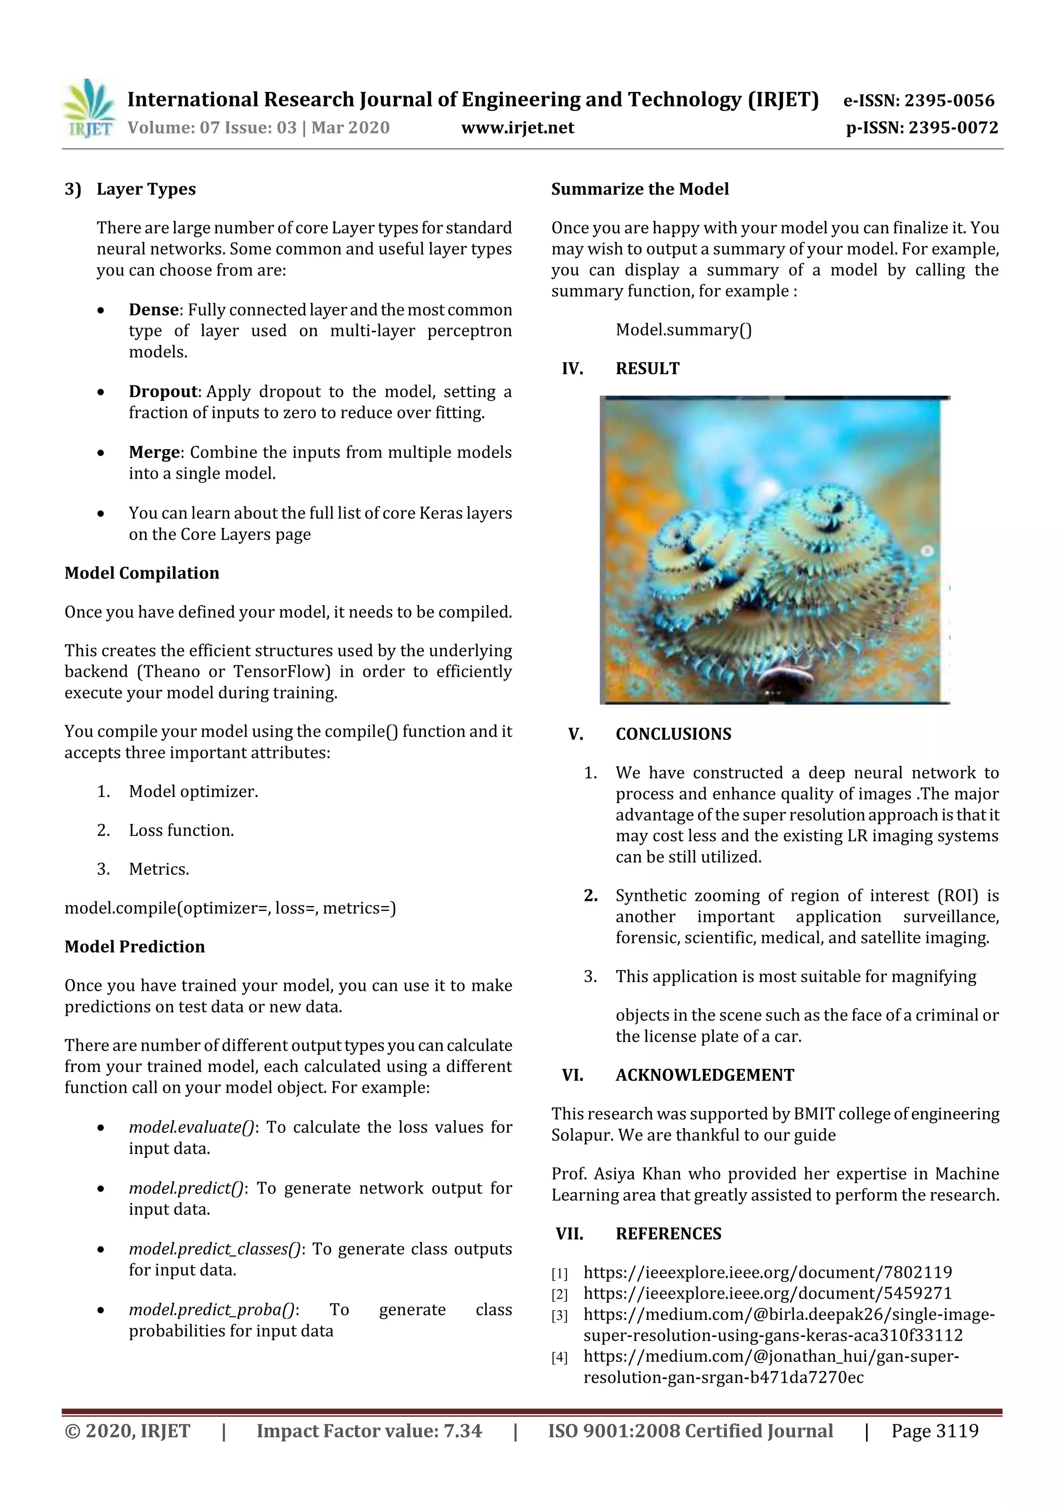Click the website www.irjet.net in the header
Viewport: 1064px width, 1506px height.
(x=517, y=128)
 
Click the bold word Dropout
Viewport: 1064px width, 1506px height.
(x=163, y=391)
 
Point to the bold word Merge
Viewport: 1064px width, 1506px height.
(x=154, y=453)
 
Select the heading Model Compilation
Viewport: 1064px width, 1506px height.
(x=142, y=573)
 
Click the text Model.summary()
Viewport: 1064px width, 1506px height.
(x=683, y=330)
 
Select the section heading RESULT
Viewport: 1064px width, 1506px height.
(x=647, y=369)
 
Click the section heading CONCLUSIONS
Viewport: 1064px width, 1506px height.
(x=673, y=734)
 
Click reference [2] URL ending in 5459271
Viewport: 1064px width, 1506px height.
(x=767, y=1293)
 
